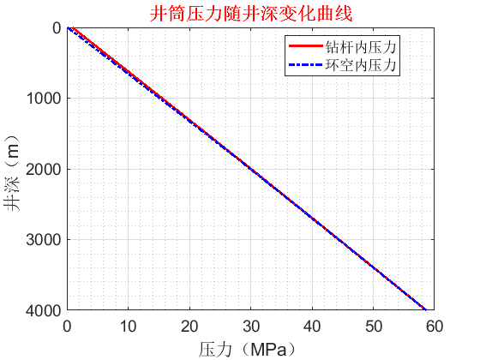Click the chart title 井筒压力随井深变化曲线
(251, 14)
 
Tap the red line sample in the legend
(306, 46)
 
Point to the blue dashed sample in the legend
(306, 63)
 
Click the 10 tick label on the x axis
(129, 326)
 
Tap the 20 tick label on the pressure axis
(189, 326)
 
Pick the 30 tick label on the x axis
(251, 326)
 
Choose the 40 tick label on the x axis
(312, 326)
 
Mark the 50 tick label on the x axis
(374, 326)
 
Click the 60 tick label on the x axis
(435, 326)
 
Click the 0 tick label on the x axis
(68, 326)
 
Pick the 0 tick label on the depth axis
(56, 27)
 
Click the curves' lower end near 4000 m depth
(424, 308)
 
